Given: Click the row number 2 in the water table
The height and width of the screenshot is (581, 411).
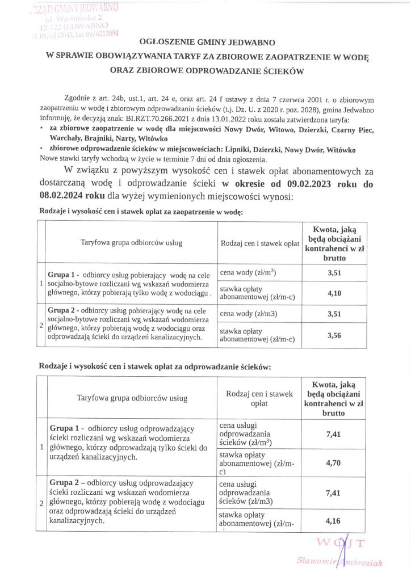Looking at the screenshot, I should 40,326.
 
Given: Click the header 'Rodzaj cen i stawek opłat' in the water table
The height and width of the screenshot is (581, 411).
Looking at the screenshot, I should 259,243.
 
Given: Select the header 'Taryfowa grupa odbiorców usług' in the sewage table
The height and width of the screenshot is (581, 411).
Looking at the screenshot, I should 132,398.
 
